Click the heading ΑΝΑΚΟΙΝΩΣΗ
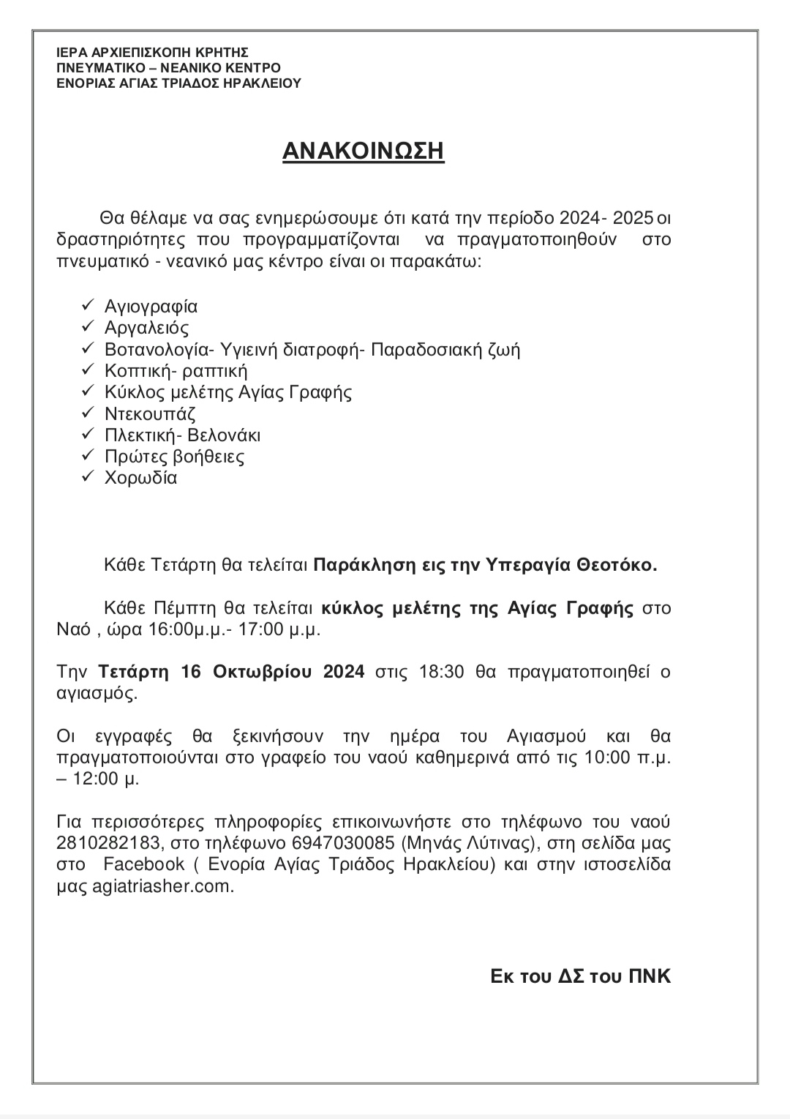click(364, 151)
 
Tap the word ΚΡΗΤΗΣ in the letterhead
click(219, 53)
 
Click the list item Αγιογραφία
click(151, 306)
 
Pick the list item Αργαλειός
click(146, 328)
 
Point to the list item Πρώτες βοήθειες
click(174, 457)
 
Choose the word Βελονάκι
click(224, 435)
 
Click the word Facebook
click(143, 864)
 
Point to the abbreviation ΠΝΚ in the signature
click(650, 976)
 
